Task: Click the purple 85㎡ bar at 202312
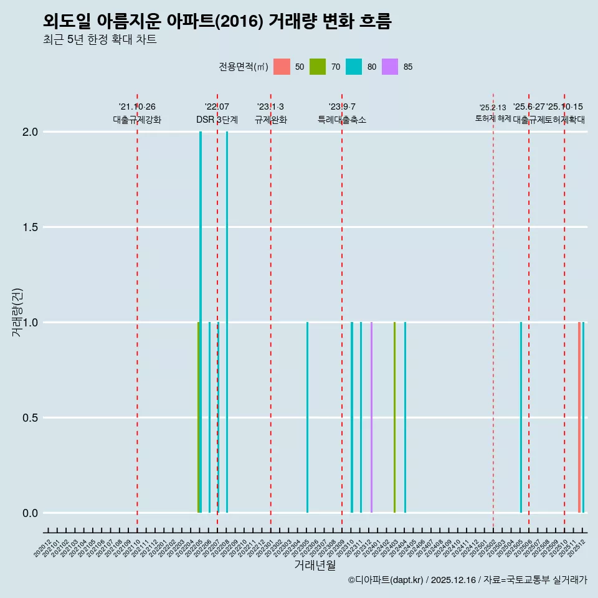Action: pos(371,417)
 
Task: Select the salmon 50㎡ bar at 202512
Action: pos(579,417)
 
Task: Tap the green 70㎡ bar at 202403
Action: pos(394,417)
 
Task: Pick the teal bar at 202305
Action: pos(307,417)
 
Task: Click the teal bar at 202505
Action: pos(521,417)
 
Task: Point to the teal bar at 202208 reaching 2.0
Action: pos(227,322)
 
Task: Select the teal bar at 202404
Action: pos(405,417)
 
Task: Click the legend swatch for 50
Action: pos(282,67)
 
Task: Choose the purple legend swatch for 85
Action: pos(390,67)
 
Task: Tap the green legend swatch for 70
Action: pos(318,67)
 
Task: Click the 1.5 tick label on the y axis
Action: pos(29,227)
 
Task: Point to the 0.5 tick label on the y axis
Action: pos(29,418)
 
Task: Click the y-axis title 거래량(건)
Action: pos(17,311)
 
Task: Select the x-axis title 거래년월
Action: pos(315,566)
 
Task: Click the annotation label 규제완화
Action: pos(270,120)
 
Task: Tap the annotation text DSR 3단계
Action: pos(217,120)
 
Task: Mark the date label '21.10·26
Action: pos(137,107)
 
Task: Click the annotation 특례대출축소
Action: pos(341,120)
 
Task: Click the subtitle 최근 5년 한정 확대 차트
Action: pos(100,40)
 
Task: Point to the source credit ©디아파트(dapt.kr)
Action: pos(386,581)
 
